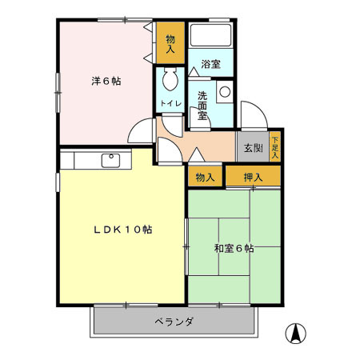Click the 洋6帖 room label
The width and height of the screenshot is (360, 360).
pyautogui.click(x=106, y=81)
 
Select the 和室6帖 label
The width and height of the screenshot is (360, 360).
pyautogui.click(x=234, y=249)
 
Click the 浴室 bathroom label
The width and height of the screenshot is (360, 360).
pyautogui.click(x=210, y=63)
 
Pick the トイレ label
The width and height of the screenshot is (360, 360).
pyautogui.click(x=169, y=103)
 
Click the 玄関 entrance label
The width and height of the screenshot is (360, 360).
pyautogui.click(x=253, y=147)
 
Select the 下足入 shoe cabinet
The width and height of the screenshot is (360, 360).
pyautogui.click(x=274, y=146)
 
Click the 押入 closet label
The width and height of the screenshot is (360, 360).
pyautogui.click(x=253, y=176)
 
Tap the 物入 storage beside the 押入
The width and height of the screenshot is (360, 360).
pyautogui.click(x=205, y=176)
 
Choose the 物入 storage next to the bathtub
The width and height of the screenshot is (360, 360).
pyautogui.click(x=170, y=43)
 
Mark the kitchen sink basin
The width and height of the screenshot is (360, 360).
pyautogui.click(x=111, y=160)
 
